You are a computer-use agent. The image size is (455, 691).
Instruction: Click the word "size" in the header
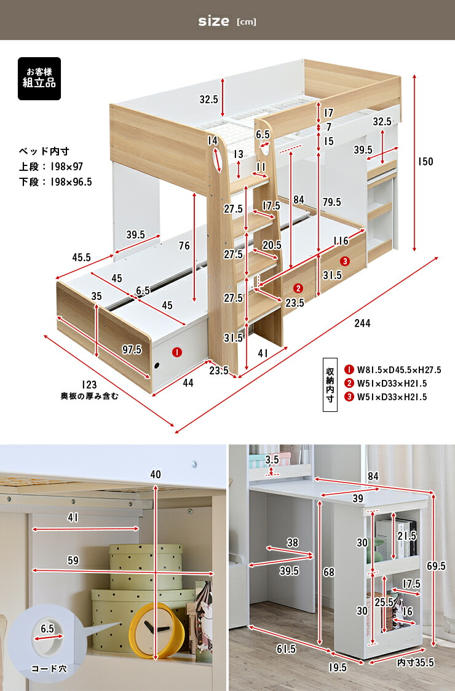[213, 22]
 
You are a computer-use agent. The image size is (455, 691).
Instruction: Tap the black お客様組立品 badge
[39, 77]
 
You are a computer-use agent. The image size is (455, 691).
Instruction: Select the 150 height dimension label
[425, 162]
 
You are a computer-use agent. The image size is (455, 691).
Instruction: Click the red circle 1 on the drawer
[176, 353]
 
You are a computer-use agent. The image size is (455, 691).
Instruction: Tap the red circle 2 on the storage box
[298, 288]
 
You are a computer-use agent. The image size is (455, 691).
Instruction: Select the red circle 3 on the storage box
[345, 261]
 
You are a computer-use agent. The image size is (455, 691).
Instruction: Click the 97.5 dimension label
[132, 349]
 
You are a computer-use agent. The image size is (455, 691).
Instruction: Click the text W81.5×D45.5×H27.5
[405, 369]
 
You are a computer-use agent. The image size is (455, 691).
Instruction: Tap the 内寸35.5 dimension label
[416, 662]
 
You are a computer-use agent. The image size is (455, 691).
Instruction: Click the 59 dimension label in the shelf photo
[73, 560]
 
